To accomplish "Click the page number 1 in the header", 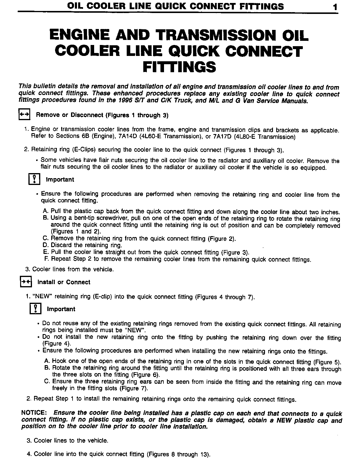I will [335, 7].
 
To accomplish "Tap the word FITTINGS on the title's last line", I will [179, 67].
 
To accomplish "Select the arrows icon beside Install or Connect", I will [26, 282].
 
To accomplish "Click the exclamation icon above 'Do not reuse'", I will [35, 309].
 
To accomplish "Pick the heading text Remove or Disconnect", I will [70, 115].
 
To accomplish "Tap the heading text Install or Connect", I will [64, 282].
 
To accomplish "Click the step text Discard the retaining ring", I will [86, 245].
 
